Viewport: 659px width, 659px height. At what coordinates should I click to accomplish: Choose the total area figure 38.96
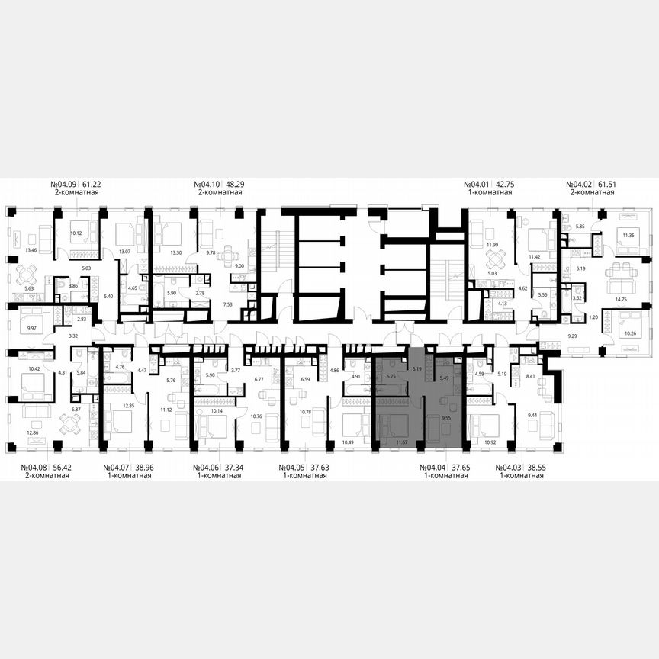140,467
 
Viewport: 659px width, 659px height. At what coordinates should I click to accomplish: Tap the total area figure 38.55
533,467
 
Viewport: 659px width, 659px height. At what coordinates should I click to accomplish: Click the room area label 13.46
31,249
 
